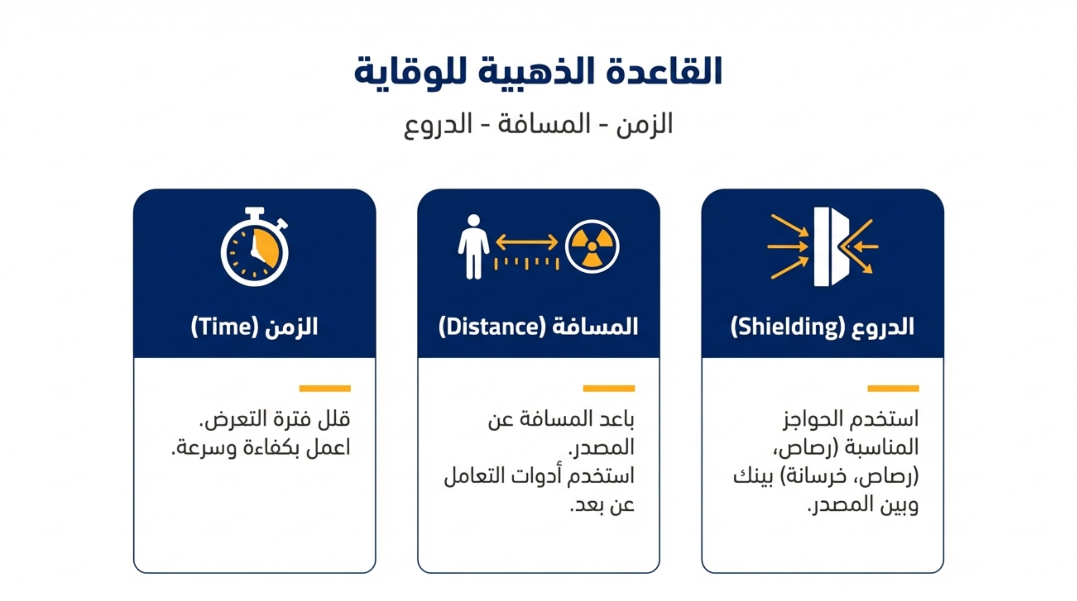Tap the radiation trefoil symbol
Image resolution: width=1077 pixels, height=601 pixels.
592,247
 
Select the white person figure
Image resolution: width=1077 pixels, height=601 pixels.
474,247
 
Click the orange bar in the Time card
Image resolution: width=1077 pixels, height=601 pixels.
325,388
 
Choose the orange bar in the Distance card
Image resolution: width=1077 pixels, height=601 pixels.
609,388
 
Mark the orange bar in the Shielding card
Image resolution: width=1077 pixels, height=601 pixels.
893,388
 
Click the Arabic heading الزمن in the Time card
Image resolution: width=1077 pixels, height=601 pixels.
292,327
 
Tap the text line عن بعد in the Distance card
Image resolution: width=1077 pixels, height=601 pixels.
602,505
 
